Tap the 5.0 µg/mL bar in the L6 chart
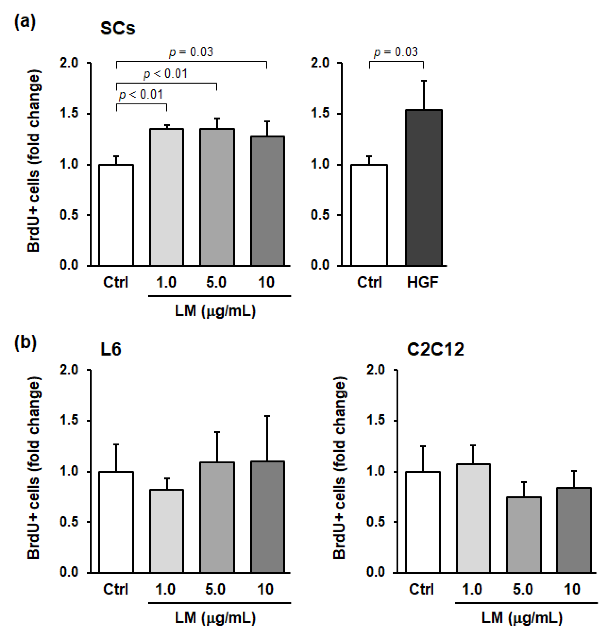[217, 518]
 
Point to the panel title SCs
[117, 28]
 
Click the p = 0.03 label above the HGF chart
[396, 52]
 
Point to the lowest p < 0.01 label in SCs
[141, 94]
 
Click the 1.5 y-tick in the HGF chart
[320, 113]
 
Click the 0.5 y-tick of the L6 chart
[69, 522]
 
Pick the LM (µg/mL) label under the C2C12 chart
[522, 618]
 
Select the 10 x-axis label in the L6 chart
[265, 589]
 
